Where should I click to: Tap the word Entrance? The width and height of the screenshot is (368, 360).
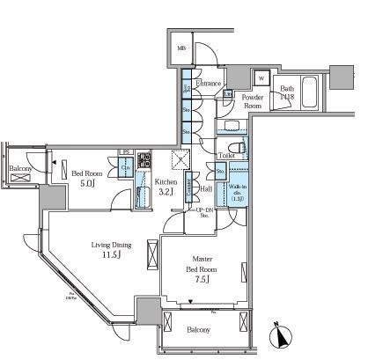(208, 84)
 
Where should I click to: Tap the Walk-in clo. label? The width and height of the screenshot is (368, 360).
(237, 191)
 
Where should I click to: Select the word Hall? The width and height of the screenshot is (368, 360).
(205, 188)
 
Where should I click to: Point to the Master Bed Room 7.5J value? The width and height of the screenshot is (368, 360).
(201, 281)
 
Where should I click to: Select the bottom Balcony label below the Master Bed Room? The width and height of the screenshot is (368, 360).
(199, 330)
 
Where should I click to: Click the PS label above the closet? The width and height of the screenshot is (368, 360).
(126, 151)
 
